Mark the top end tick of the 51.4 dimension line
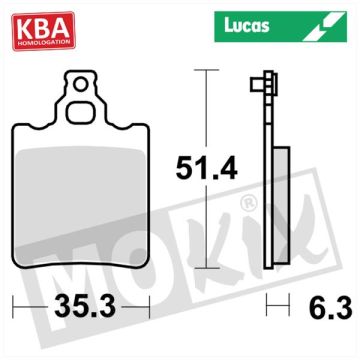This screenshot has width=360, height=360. point(205,71)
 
